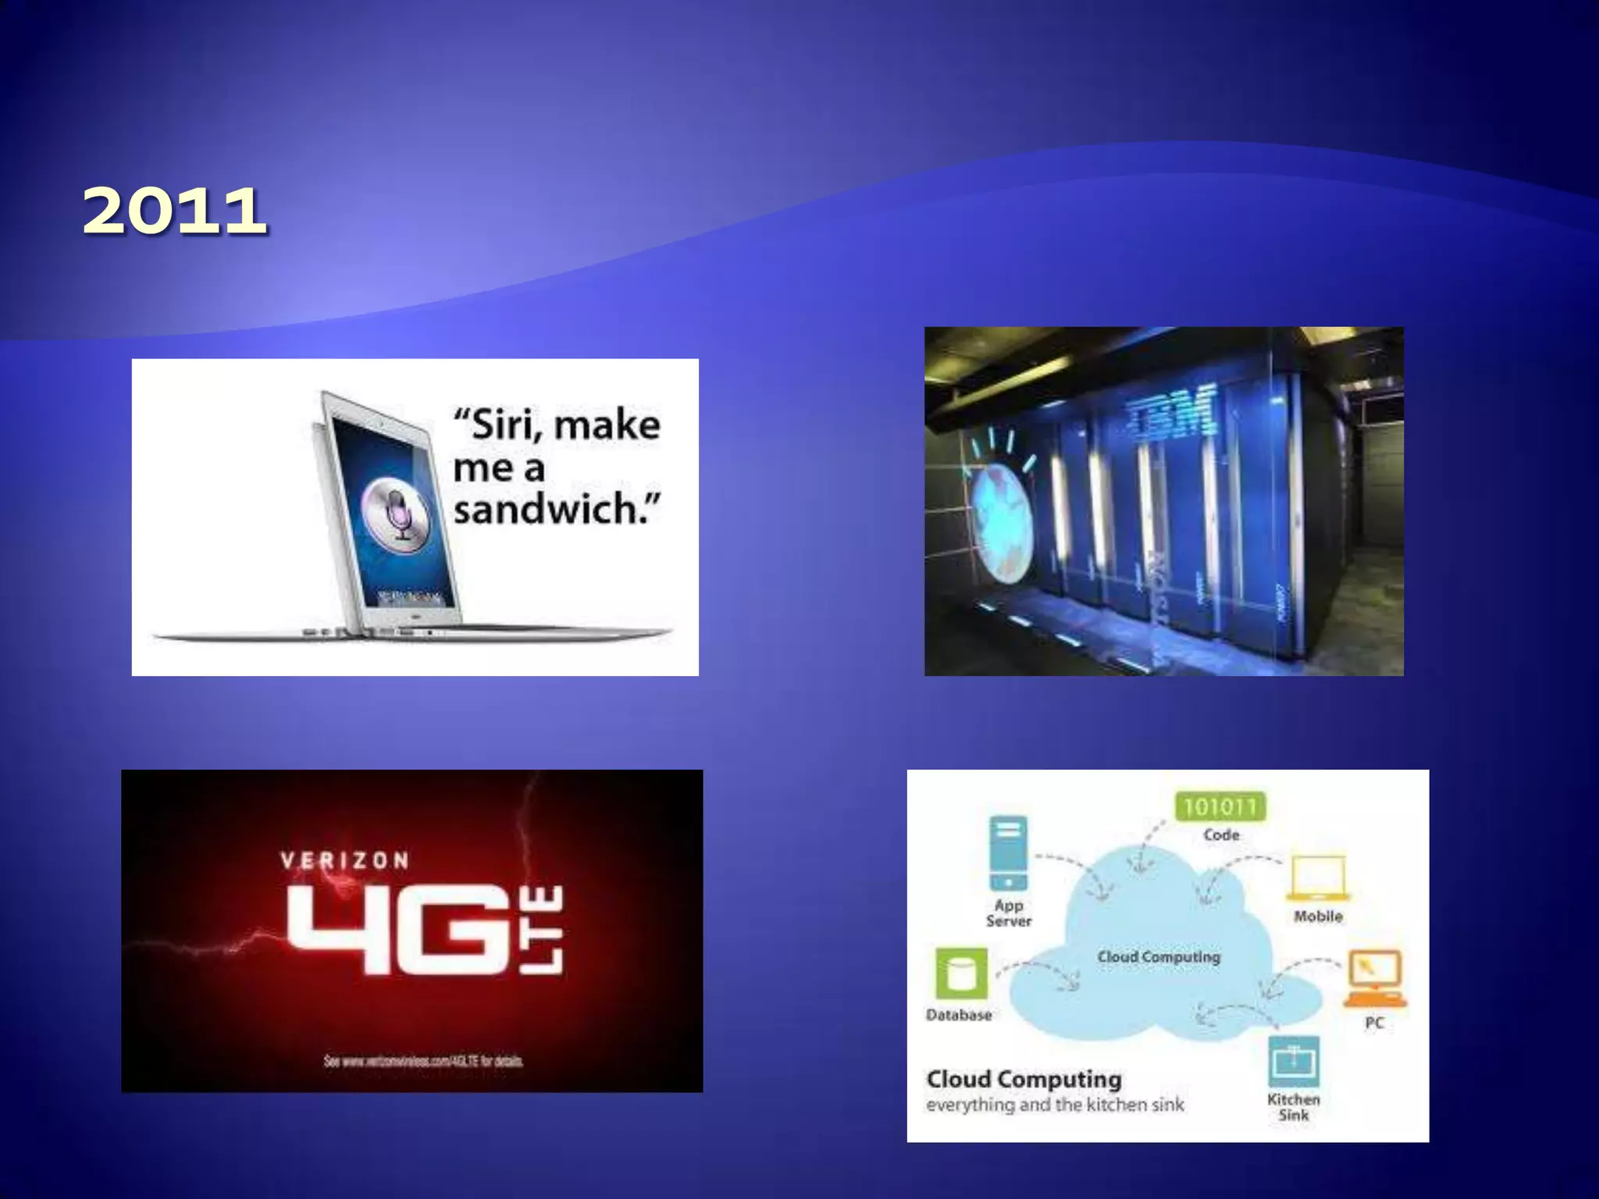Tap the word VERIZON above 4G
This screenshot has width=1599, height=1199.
tap(344, 860)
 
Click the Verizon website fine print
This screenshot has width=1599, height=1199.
tap(424, 1061)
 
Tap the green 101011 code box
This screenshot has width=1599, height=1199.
tap(1220, 806)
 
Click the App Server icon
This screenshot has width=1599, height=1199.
tap(1008, 852)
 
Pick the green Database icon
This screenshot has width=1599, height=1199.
tap(961, 973)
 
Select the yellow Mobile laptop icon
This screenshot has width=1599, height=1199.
tap(1318, 877)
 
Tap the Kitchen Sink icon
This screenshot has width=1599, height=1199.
tap(1294, 1061)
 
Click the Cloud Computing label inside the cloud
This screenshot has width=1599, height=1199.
tap(1159, 956)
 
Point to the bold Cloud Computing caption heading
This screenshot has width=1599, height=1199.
tap(1024, 1079)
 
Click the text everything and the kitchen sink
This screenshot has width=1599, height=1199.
tap(1055, 1105)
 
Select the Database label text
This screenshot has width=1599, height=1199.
tap(959, 1015)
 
